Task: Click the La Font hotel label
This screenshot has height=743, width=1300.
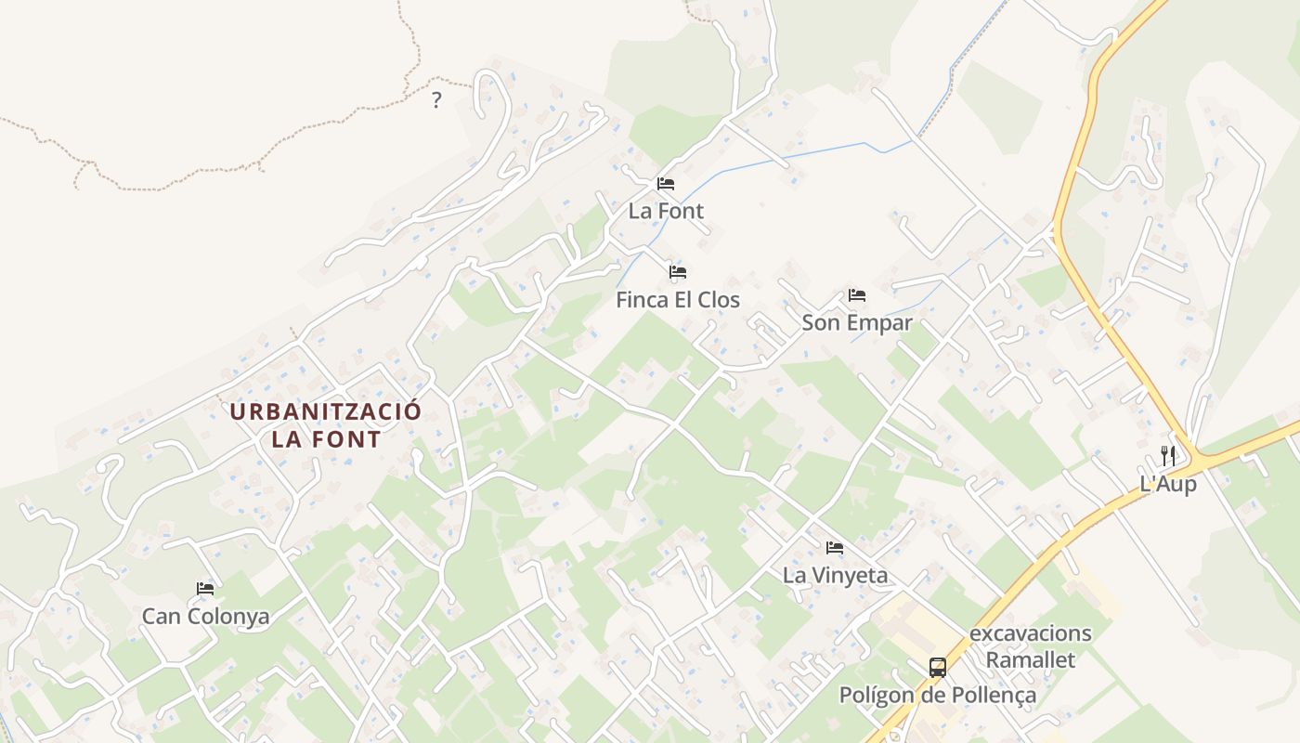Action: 666,211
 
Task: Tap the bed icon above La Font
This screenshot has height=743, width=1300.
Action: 666,183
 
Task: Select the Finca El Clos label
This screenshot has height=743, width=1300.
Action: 678,300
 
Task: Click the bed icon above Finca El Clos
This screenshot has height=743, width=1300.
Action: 678,272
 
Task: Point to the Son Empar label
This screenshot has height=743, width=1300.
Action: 857,323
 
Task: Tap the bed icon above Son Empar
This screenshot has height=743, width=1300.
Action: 857,295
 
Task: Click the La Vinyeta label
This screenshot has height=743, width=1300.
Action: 835,575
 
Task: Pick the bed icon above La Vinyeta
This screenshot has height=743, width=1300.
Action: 835,548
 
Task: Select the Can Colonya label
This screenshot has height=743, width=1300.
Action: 205,616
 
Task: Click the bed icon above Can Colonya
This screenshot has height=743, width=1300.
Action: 205,589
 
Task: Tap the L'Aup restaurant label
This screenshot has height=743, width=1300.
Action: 1168,484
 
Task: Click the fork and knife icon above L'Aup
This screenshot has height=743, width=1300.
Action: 1168,456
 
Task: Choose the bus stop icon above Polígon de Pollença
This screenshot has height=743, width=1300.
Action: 938,667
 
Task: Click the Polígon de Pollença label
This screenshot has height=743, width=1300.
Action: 938,695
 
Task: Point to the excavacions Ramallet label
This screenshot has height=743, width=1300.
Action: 1031,646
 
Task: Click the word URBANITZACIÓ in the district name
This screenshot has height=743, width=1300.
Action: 326,411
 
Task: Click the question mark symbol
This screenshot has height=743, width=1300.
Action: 436,100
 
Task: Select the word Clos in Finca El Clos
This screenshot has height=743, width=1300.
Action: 719,300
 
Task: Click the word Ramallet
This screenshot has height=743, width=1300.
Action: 1031,660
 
